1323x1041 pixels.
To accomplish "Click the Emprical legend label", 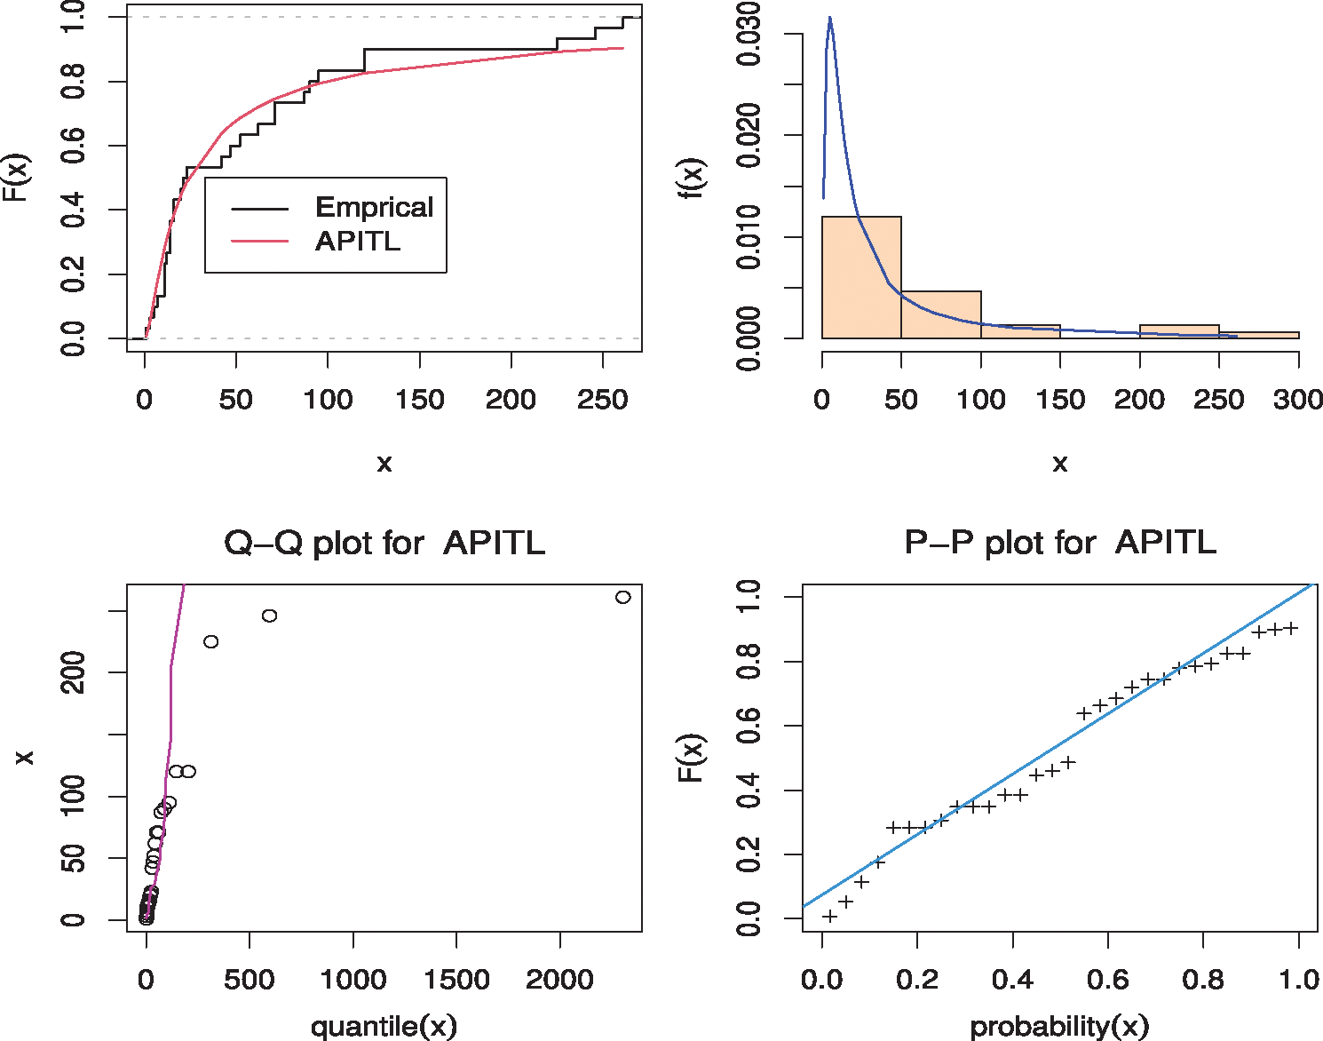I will (374, 208).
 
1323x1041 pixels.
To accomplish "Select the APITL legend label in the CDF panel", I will (357, 241).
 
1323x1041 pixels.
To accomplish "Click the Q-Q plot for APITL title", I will (384, 543).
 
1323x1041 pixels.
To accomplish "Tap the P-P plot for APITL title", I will (1059, 543).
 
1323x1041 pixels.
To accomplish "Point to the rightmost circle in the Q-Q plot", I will (623, 597).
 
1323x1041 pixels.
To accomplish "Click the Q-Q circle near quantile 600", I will (270, 616).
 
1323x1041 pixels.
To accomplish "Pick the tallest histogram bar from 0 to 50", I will (861, 277).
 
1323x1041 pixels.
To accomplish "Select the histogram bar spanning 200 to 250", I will (1178, 331).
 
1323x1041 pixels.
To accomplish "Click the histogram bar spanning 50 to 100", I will (940, 314).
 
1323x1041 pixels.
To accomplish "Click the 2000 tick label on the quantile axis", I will (559, 980).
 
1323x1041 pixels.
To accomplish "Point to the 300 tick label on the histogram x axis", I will (1297, 400).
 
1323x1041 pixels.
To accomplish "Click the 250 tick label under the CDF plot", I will (602, 400).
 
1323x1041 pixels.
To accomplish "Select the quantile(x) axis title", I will (384, 1026).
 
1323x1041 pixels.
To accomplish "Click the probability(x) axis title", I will (1059, 1026).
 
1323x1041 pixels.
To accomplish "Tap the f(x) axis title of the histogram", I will (692, 178).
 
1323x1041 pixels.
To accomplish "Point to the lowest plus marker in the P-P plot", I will (829, 916).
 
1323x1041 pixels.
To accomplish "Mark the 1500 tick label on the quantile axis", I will (456, 980).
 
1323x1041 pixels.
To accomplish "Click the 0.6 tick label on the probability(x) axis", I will (1107, 980).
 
